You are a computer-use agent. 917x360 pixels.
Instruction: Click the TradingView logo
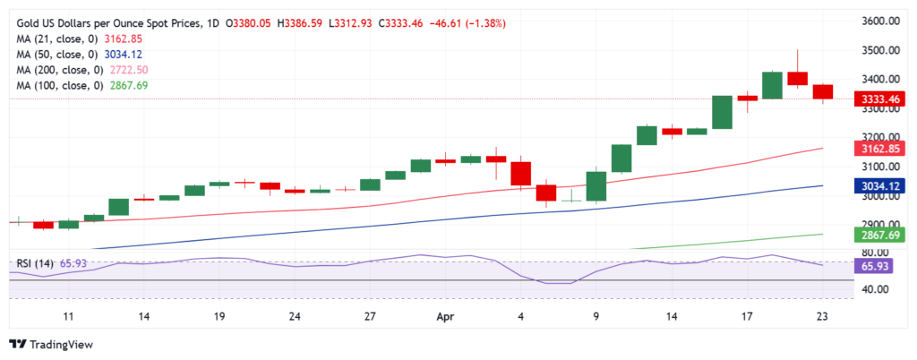click(55, 344)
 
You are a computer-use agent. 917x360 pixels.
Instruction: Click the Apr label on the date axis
click(445, 316)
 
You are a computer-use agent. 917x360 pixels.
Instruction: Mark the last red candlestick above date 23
click(823, 91)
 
